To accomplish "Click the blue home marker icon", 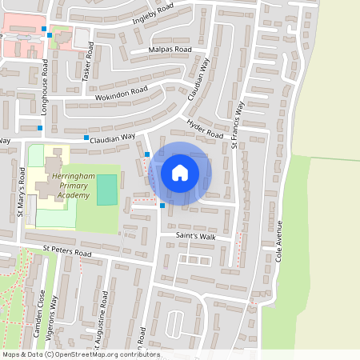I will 180,172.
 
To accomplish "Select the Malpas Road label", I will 170,50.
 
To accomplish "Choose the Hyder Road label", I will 205,128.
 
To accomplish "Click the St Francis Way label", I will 238,124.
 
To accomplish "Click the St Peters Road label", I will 68,252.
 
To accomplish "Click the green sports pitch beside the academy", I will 106,189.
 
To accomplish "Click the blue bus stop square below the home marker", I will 162,206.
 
